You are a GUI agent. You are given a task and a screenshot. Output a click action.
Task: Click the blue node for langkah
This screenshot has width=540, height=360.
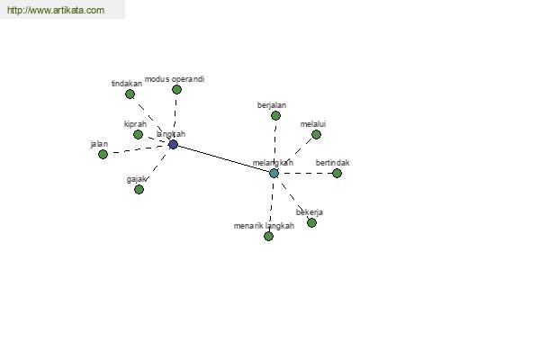(173, 144)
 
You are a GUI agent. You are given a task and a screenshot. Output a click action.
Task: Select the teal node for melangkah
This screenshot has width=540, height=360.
(274, 173)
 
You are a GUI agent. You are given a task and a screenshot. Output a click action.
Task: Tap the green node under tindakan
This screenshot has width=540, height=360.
(130, 94)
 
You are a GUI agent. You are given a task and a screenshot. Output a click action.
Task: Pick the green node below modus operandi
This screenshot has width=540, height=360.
(176, 90)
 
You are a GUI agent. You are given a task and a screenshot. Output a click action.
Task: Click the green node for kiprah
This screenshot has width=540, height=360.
(138, 134)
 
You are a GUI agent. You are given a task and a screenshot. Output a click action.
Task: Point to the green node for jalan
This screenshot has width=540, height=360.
(103, 154)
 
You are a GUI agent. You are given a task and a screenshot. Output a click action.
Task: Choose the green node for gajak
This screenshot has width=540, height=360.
(139, 189)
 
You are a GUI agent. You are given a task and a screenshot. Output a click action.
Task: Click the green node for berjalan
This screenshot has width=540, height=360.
(275, 116)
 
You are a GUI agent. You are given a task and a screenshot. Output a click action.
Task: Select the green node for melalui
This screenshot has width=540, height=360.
(316, 134)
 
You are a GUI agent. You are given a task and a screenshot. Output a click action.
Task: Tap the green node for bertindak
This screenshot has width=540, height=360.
(337, 173)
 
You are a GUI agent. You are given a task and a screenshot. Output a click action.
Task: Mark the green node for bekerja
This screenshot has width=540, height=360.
(311, 223)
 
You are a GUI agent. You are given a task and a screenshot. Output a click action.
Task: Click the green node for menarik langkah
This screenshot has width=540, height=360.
(268, 236)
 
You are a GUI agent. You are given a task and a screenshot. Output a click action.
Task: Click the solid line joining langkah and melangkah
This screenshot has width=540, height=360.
(223, 158)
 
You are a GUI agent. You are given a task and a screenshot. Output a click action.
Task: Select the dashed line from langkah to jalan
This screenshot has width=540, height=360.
(138, 149)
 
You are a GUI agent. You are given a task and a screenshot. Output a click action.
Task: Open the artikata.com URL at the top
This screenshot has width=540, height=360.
(56, 10)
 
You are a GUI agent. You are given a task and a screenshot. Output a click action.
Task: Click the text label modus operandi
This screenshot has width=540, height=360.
(175, 79)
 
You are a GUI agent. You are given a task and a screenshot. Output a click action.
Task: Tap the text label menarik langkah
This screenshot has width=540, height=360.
(264, 226)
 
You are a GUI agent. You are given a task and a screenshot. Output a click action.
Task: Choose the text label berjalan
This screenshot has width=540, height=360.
(272, 105)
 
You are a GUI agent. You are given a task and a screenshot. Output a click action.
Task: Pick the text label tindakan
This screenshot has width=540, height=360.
(127, 84)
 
